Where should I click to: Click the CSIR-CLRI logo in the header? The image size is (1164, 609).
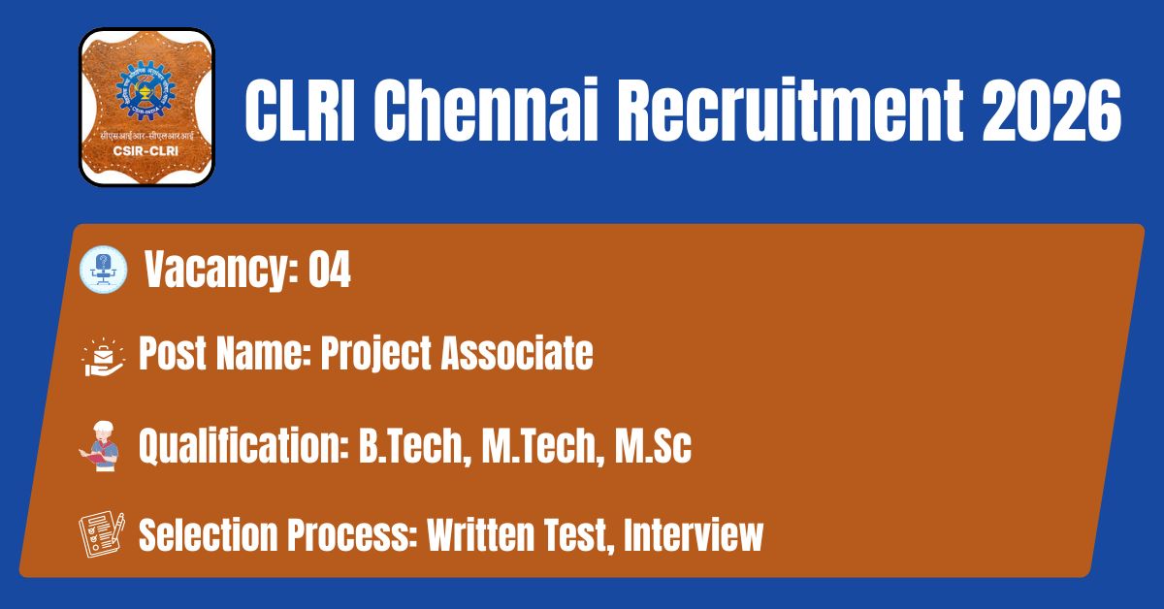[146, 107]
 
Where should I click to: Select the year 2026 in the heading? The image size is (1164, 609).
[1051, 111]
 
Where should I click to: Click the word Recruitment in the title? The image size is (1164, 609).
[790, 110]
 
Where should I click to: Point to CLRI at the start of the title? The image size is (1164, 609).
[300, 111]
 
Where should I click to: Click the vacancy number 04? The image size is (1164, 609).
[330, 270]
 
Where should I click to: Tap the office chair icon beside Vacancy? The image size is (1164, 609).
[104, 270]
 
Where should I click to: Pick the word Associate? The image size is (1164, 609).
[517, 353]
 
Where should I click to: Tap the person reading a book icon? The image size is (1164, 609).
[100, 446]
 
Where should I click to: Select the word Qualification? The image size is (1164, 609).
[243, 445]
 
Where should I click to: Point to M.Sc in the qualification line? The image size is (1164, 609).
[653, 445]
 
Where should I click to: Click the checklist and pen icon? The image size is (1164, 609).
[102, 534]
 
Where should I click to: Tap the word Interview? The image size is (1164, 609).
[694, 534]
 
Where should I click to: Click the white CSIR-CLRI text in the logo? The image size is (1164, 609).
[146, 151]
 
